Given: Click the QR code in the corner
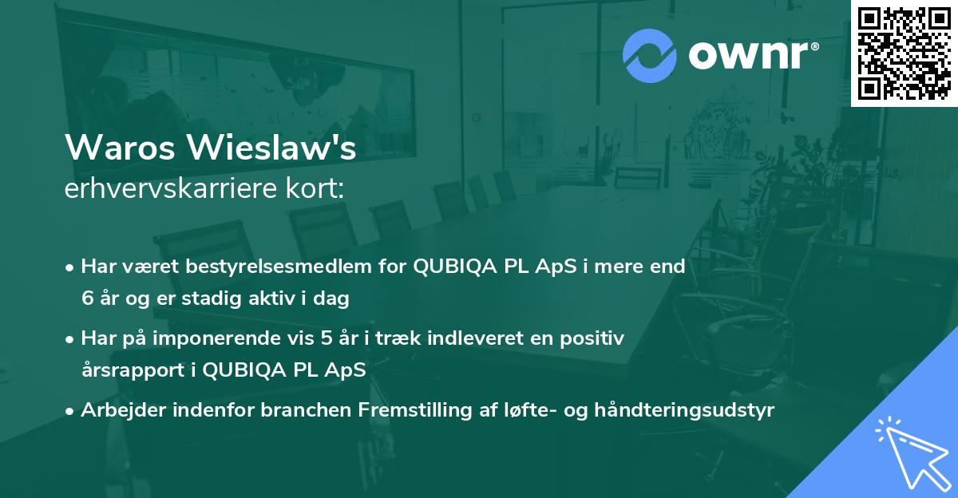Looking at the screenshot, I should click(903, 53).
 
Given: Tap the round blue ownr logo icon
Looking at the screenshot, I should click(650, 56).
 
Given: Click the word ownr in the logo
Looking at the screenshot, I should click(752, 56).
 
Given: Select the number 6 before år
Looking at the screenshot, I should click(87, 298).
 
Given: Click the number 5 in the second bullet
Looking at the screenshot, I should click(327, 338).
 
